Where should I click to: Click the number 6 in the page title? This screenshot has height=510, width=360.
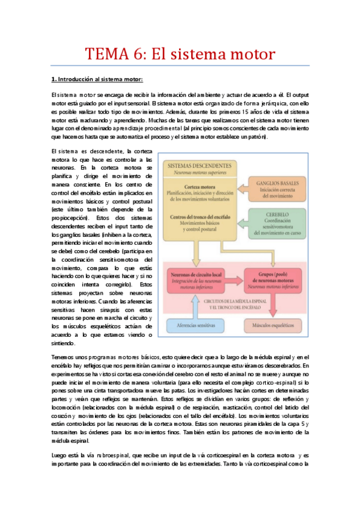pyautogui.click(x=138, y=54)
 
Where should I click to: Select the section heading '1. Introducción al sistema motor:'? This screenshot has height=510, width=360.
pyautogui.click(x=97, y=79)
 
